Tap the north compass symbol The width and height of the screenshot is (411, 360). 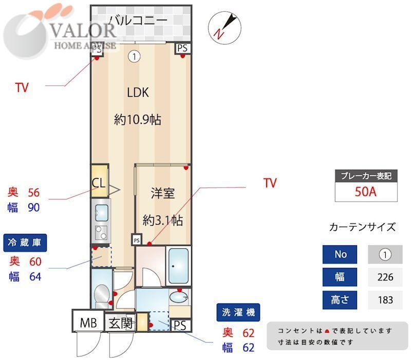225,26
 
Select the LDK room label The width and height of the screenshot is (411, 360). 138,93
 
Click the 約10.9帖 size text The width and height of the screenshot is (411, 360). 138,120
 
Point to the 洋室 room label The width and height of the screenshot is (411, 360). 162,194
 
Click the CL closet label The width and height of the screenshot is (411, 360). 99,183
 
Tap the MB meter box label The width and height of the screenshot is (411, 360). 88,323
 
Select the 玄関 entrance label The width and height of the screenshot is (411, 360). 120,323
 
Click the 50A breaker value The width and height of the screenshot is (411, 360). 366,192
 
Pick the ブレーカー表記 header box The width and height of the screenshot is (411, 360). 366,175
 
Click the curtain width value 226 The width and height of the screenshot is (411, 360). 385,277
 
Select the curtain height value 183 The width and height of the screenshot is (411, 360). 385,300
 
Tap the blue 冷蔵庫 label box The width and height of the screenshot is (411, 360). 26,242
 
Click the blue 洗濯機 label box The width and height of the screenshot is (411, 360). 238,312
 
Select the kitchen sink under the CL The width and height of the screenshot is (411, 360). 101,211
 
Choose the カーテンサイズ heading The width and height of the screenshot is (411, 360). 362,227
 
